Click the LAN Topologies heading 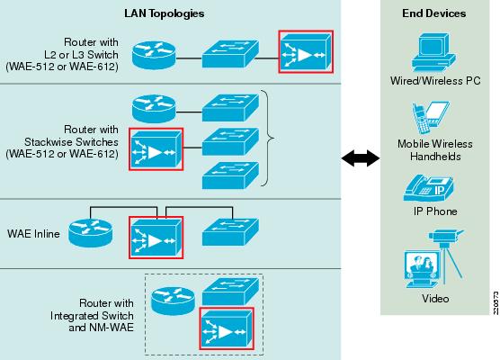pos(165,13)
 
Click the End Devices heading pos(433,13)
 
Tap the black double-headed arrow pos(361,158)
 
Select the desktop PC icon pos(433,53)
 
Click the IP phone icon pos(428,188)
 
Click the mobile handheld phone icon pos(421,119)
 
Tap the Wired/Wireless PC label pos(435,81)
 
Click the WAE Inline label pos(33,234)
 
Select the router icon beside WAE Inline pos(90,233)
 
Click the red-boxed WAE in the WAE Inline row pos(156,238)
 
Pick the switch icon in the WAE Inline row pos(230,232)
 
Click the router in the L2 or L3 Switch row pos(154,55)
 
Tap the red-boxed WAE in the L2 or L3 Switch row pos(306,51)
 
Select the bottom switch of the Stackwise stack pos(230,175)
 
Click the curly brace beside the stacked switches pos(268,138)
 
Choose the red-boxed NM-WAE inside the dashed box pos(227,328)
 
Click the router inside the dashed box pos(173,301)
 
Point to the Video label pos(435,299)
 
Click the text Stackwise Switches pos(71,142)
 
